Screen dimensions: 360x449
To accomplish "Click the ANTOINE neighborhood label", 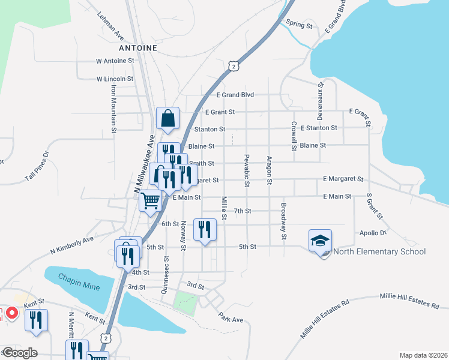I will click(138, 47).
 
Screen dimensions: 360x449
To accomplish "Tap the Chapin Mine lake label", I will click(79, 282).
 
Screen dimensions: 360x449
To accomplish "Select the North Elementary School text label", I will click(379, 251).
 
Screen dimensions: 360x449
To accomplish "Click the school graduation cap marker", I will click(321, 241).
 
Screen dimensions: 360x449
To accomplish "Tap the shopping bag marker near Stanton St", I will click(168, 119).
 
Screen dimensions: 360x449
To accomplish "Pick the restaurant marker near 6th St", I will click(205, 230).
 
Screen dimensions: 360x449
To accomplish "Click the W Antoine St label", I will click(115, 61).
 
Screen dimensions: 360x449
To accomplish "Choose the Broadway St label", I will click(283, 221).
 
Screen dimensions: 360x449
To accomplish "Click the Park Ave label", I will click(231, 319).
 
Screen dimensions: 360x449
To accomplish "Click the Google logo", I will click(20, 353).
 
